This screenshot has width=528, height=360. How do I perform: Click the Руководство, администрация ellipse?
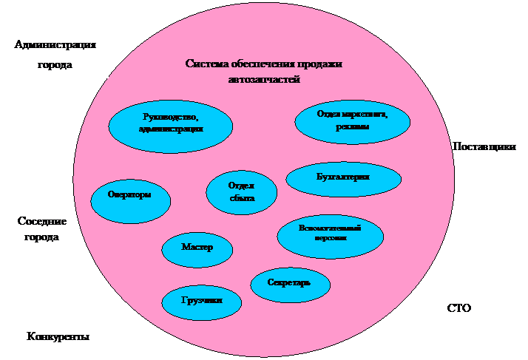[170, 123]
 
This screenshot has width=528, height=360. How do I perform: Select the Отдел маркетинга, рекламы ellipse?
[352, 120]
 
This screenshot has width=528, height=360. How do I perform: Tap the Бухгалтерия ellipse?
[343, 178]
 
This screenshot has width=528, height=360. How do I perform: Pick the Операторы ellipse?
[130, 196]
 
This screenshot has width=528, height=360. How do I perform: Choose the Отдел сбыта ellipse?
[242, 192]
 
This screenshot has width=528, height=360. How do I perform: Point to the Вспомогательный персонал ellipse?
[330, 234]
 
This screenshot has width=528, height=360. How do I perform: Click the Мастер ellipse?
[197, 247]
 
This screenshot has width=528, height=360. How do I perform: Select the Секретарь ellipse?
[289, 284]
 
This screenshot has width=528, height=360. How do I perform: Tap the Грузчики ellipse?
[202, 300]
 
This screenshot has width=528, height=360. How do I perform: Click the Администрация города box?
[55, 55]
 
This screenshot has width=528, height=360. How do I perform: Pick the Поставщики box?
[484, 152]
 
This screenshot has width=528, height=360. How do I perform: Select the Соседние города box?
[41, 237]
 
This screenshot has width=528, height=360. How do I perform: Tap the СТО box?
[458, 313]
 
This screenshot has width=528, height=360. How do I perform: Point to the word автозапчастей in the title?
[263, 79]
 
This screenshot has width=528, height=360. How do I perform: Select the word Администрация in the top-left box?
[55, 45]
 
